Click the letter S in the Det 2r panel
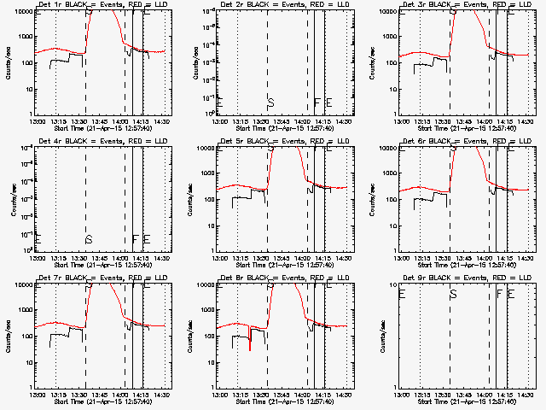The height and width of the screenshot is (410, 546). pos(270,102)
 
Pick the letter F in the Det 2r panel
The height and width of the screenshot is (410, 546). pos(317,102)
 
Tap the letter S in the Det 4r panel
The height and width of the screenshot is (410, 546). pos(88,239)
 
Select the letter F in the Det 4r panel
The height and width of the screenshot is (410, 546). pos(135,239)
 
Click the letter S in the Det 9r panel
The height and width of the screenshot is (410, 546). pos(453,294)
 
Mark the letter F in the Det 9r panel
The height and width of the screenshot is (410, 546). pos(500,294)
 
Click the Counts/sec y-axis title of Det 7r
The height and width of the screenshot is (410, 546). pos(9,337)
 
